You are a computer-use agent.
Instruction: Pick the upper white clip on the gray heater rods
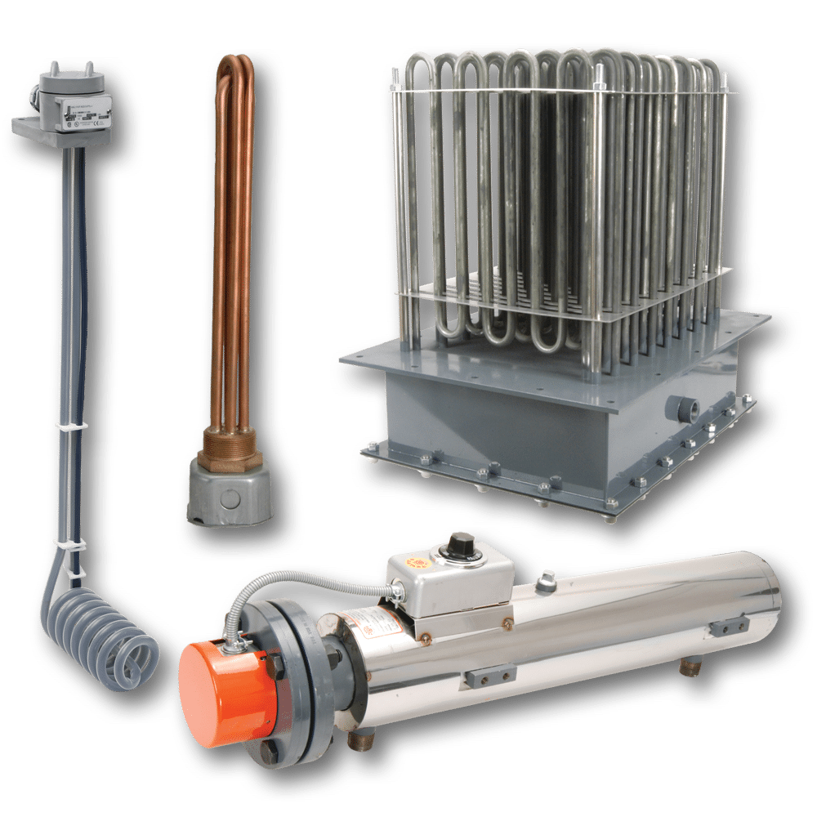(x=71, y=426)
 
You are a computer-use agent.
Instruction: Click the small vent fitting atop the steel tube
(x=545, y=581)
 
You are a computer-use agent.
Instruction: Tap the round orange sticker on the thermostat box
(x=414, y=564)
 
